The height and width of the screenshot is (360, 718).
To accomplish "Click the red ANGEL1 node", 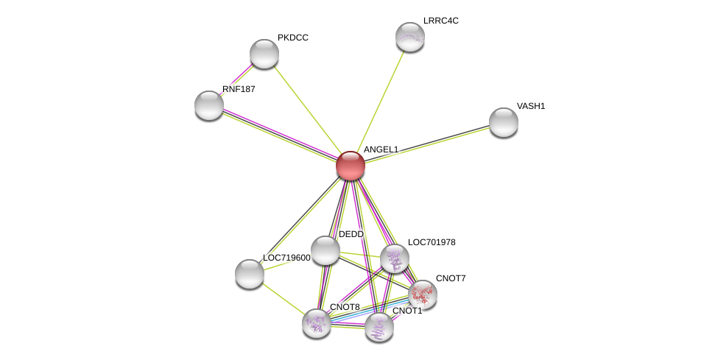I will tap(351, 166).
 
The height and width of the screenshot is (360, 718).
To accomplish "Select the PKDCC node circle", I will tap(264, 54).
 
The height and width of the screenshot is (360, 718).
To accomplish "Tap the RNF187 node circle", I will tap(209, 105).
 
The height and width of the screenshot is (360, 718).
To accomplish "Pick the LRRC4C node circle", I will tap(409, 37).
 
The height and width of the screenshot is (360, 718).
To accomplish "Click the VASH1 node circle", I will tap(504, 122).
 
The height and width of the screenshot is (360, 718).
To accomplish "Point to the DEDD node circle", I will tap(325, 250).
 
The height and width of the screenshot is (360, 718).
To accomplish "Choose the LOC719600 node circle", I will tap(250, 274).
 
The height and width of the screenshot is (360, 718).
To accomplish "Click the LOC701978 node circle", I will tap(395, 258).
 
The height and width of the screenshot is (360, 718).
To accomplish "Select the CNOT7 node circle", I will tap(423, 294).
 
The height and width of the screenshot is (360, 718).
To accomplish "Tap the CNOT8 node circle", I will tap(317, 322).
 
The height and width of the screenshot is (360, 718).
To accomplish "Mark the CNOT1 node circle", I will tap(379, 327).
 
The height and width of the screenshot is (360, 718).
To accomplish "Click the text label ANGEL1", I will tap(381, 149).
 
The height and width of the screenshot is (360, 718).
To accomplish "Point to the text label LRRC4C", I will tap(440, 21).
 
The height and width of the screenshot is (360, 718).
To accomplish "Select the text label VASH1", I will tap(530, 106).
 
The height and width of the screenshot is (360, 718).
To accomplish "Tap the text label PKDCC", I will tap(292, 38).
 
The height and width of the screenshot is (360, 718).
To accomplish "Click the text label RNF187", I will tap(239, 89).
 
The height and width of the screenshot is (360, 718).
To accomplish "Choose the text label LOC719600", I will tap(286, 258).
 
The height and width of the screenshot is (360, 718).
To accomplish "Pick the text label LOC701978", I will tap(432, 242).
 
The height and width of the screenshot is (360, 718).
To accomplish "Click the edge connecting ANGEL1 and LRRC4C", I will tap(380, 101).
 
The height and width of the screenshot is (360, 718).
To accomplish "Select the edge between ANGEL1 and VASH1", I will tap(427, 144).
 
